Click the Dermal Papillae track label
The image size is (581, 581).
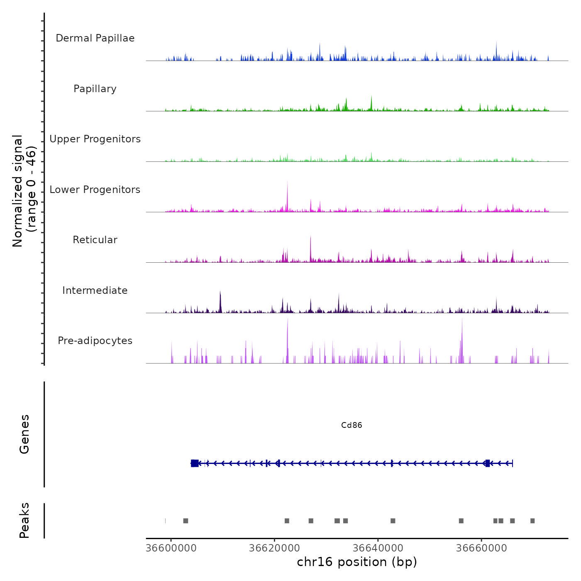pos(95,38)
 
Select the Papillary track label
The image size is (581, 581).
pos(95,89)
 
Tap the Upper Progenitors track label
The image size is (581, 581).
pos(95,139)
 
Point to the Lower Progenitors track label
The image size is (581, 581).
pos(95,190)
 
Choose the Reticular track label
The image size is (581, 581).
pos(95,240)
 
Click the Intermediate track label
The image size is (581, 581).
pos(95,290)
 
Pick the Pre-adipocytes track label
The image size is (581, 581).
pos(95,341)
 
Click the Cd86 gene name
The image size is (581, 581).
pos(352,425)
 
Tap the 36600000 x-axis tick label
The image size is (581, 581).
pos(171,548)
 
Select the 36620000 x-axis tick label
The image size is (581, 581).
pos(274,548)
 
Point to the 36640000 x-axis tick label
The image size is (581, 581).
pos(378,548)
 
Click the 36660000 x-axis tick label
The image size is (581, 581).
pos(481,548)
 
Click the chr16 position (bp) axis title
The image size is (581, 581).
pos(357,562)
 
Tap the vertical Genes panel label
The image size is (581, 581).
pos(24,434)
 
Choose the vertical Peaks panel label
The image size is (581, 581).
pos(24,520)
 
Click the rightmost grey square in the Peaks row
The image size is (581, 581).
pos(532,521)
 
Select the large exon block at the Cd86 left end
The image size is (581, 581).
pos(195,463)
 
